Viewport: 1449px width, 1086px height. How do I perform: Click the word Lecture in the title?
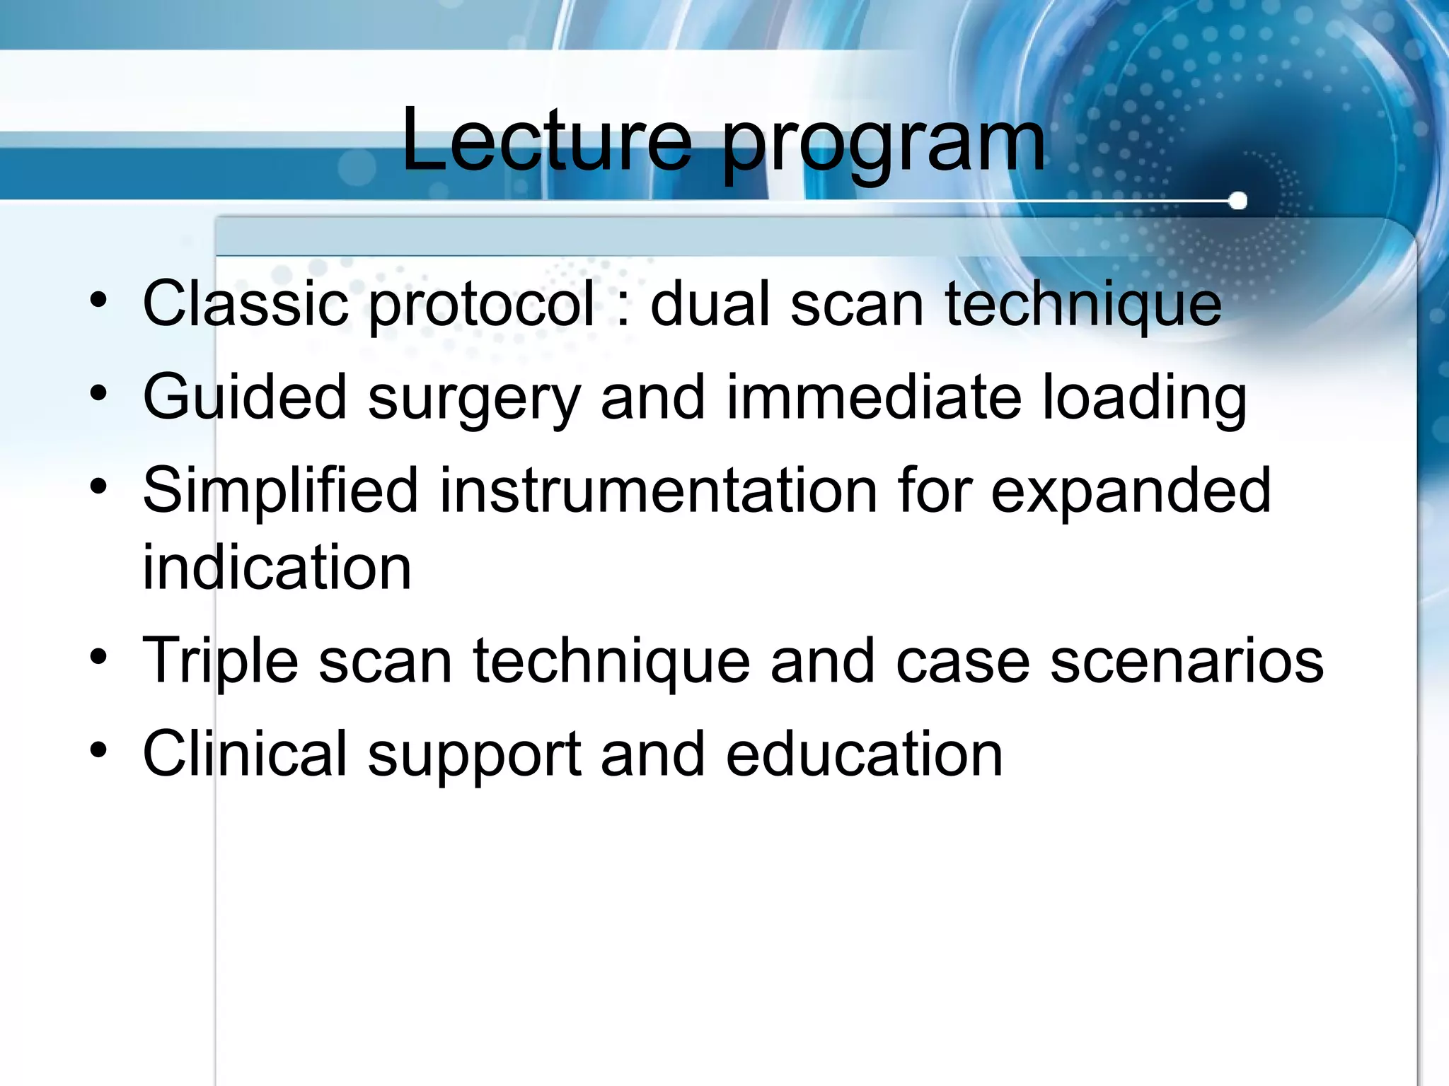tap(546, 141)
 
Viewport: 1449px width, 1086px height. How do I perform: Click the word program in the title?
tap(883, 145)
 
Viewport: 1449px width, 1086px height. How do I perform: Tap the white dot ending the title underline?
tap(1237, 202)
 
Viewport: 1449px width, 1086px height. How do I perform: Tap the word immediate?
tap(874, 398)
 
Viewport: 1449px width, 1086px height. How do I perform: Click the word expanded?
tap(1131, 494)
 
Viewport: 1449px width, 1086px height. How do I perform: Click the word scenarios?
tap(1187, 662)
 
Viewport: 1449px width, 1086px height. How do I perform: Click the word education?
tap(864, 754)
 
